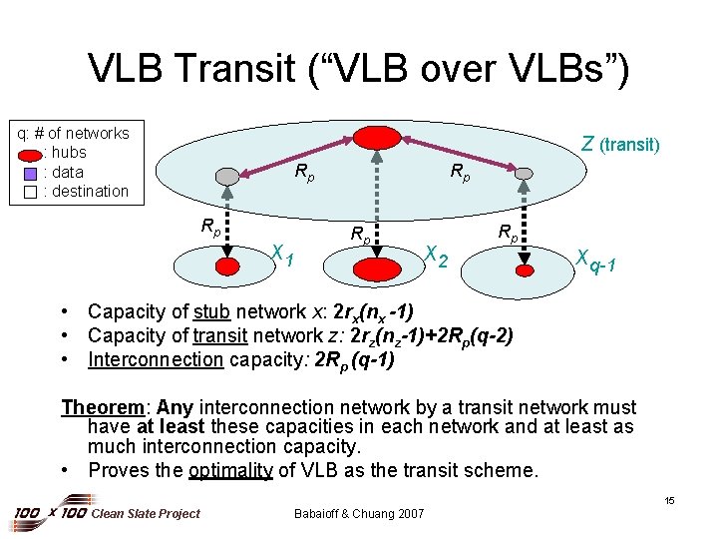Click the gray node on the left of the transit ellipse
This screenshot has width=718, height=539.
[x=229, y=176]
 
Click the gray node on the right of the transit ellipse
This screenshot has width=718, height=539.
[x=524, y=175]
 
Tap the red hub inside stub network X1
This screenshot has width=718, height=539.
[x=229, y=267]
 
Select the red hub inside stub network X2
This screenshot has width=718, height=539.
[x=376, y=268]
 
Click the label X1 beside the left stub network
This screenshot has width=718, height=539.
[x=282, y=257]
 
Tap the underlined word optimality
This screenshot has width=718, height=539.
[x=229, y=469]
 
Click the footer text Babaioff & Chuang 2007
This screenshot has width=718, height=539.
[x=359, y=513]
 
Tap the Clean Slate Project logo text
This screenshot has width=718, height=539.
[x=145, y=513]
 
